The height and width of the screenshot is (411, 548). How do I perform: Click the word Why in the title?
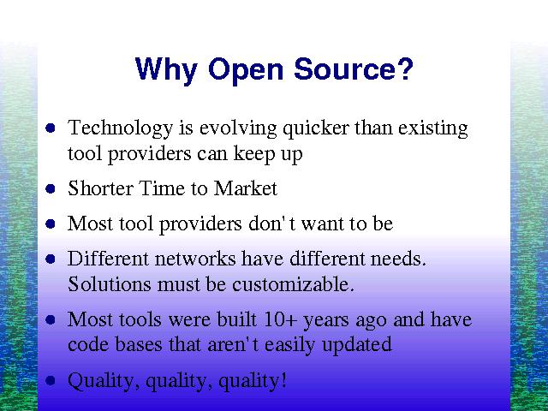pos(166,70)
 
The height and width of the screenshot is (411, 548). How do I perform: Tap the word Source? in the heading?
pos(354,68)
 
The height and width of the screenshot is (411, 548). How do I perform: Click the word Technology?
pos(120,128)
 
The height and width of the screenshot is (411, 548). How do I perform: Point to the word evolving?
pos(238,128)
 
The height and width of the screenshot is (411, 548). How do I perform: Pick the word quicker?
pos(316,128)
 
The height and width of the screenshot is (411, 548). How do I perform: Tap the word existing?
pos(433,128)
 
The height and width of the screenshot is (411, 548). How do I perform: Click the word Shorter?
pos(101,188)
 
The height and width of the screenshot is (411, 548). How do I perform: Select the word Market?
pos(246,188)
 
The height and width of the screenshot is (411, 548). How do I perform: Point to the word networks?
pos(195,259)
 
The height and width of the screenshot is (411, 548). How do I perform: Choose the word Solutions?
pos(110,283)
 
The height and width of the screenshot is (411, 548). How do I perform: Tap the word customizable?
pos(293,283)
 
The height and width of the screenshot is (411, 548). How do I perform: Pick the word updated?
pos(357,344)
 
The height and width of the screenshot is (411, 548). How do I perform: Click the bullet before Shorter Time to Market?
pos(51,188)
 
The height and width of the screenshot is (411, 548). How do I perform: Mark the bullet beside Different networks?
pos(51,259)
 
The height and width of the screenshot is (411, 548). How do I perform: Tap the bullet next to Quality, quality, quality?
pos(51,380)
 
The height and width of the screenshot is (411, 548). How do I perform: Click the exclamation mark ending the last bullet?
pos(283,380)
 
